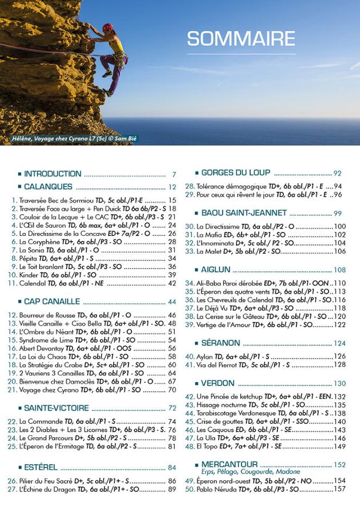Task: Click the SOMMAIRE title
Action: pos(241,39)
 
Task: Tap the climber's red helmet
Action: pos(108,27)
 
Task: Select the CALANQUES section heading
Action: pos(48,187)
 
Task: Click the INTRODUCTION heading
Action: pos(53,174)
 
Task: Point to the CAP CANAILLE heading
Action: pos(53,302)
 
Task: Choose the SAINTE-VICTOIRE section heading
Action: pos(56,408)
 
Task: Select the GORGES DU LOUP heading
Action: pos(236,172)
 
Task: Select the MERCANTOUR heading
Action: pos(229,464)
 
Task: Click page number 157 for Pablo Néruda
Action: pos(340,489)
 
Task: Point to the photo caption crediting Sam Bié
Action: pos(74,139)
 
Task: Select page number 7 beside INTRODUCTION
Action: pos(173,175)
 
